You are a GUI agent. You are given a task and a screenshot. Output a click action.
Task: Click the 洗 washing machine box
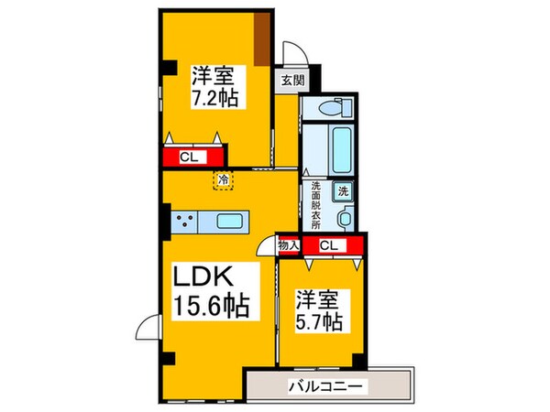[342, 192]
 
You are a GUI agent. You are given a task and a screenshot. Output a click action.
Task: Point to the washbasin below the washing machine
[345, 218]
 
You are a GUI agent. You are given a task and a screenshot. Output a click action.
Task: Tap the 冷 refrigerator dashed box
[223, 180]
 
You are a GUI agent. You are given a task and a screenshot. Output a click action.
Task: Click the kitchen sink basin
[231, 221]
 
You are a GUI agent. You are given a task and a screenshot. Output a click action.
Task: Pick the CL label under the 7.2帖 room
[190, 157]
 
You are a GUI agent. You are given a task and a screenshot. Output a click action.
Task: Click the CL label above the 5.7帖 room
[331, 245]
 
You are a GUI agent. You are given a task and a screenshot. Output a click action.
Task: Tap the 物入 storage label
[288, 245]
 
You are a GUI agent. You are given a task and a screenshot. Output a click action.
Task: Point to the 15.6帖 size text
[213, 308]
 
